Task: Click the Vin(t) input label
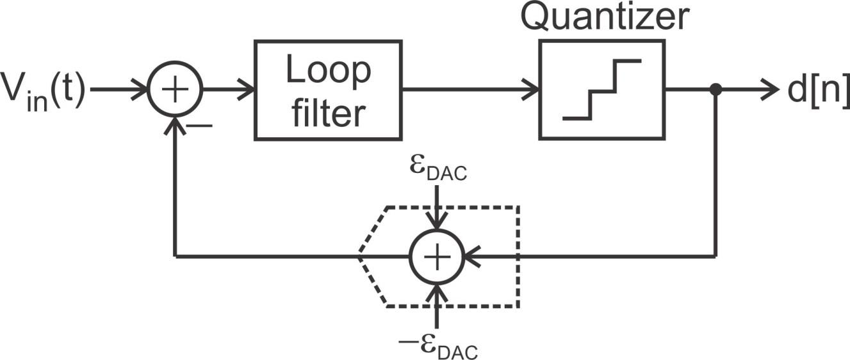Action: tap(44, 92)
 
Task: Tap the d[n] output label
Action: tap(817, 91)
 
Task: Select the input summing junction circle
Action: tap(175, 90)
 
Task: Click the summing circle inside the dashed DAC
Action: tap(436, 257)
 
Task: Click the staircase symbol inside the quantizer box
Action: tap(601, 90)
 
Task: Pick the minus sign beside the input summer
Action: tap(202, 126)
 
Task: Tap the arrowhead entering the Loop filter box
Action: tap(247, 90)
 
